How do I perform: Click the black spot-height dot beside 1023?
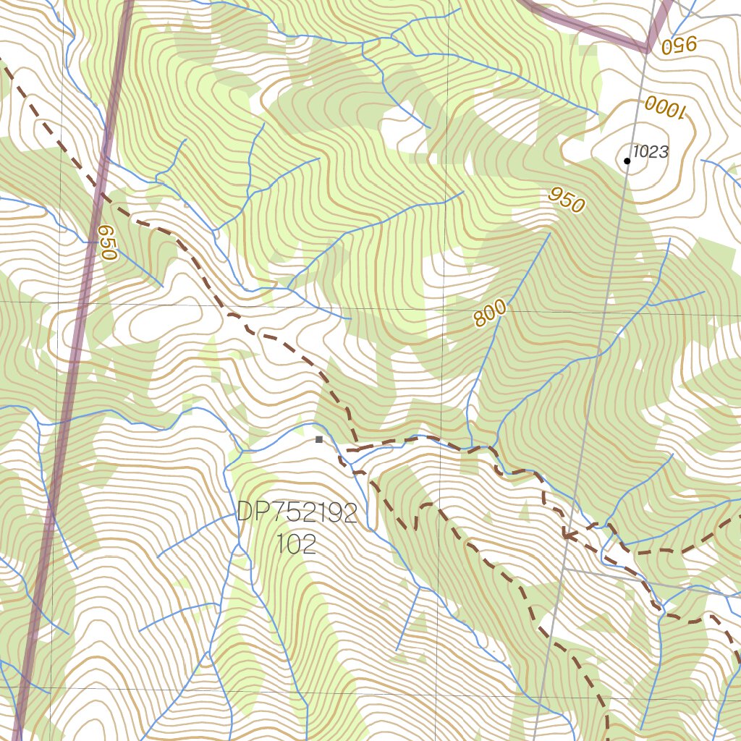(x=627, y=161)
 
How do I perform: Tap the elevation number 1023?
(x=651, y=152)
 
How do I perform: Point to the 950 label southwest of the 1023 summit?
(x=566, y=199)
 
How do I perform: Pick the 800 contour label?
(x=491, y=313)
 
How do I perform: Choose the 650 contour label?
(x=107, y=242)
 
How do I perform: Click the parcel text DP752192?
(x=297, y=514)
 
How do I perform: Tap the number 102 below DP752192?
(x=297, y=544)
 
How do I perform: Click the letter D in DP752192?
(x=245, y=514)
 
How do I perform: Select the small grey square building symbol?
(x=318, y=439)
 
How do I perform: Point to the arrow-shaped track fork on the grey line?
(x=566, y=536)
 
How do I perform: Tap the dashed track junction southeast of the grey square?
(x=349, y=450)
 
